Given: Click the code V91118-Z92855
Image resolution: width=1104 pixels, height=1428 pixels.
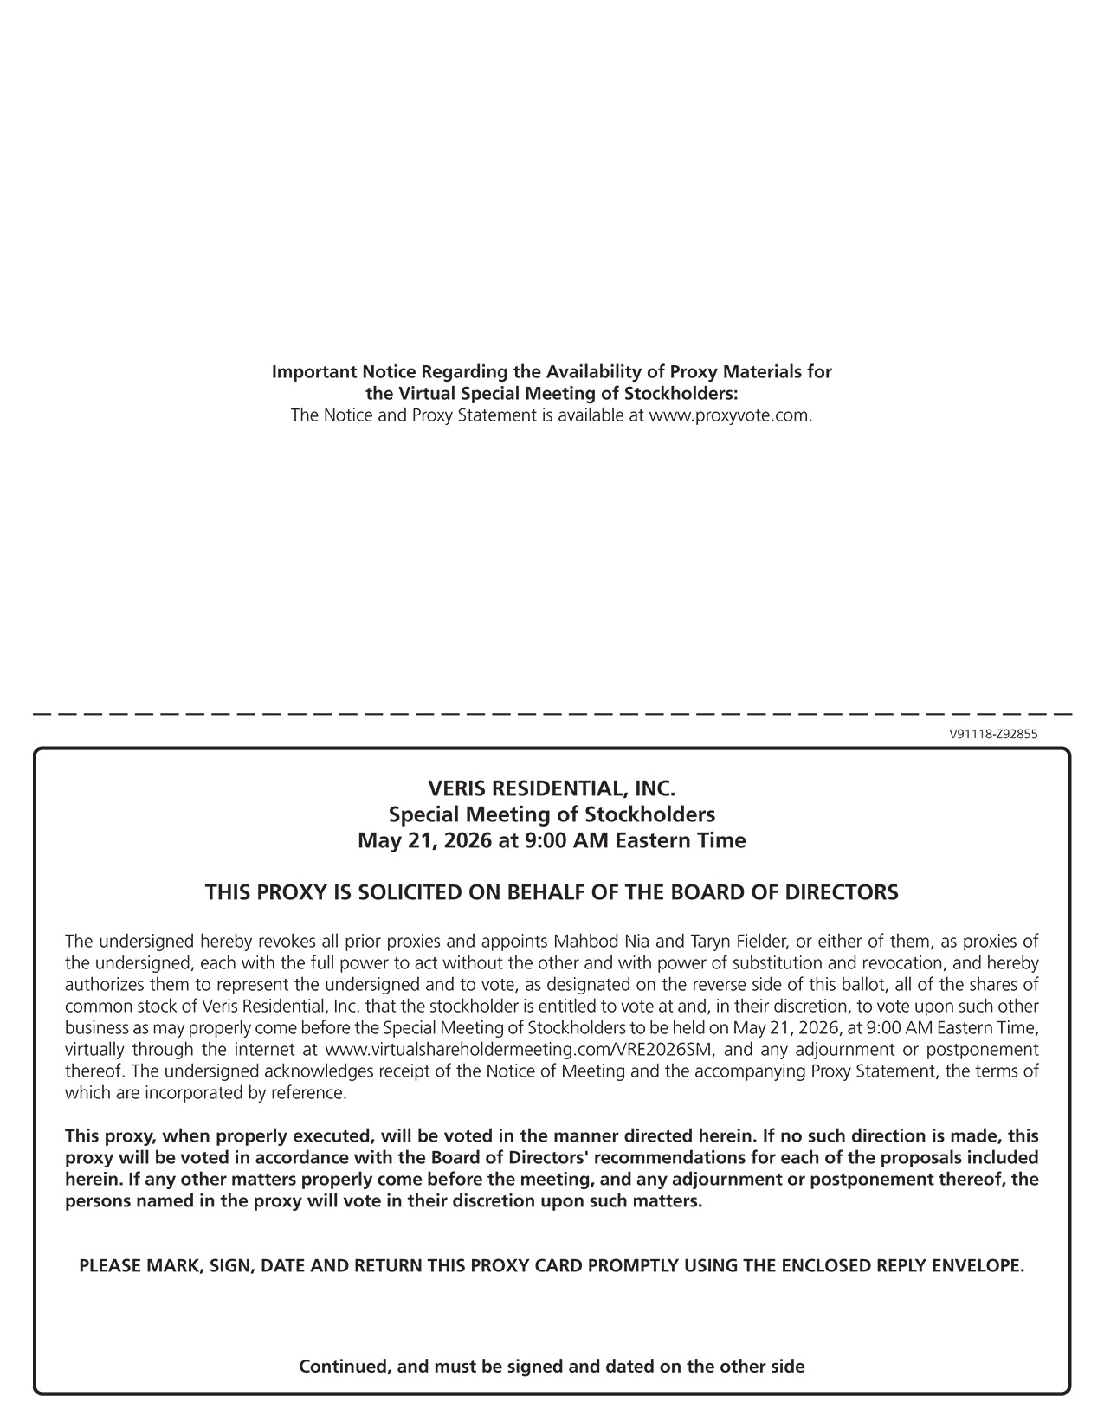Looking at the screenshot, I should pyautogui.click(x=993, y=734).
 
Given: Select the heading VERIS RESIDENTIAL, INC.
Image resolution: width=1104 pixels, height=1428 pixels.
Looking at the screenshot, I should pyautogui.click(x=552, y=788).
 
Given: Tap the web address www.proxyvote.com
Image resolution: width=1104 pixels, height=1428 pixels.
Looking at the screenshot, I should pyautogui.click(x=730, y=415).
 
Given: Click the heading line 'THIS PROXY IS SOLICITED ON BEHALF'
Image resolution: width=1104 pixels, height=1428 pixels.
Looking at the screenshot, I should pyautogui.click(x=552, y=892).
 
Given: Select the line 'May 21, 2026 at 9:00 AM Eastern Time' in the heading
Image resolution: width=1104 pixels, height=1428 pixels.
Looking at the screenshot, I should pyautogui.click(x=552, y=840).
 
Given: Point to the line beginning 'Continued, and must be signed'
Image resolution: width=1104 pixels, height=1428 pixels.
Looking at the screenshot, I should pyautogui.click(x=552, y=1367).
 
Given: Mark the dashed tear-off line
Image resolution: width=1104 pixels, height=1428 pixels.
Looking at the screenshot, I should pyautogui.click(x=552, y=714).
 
